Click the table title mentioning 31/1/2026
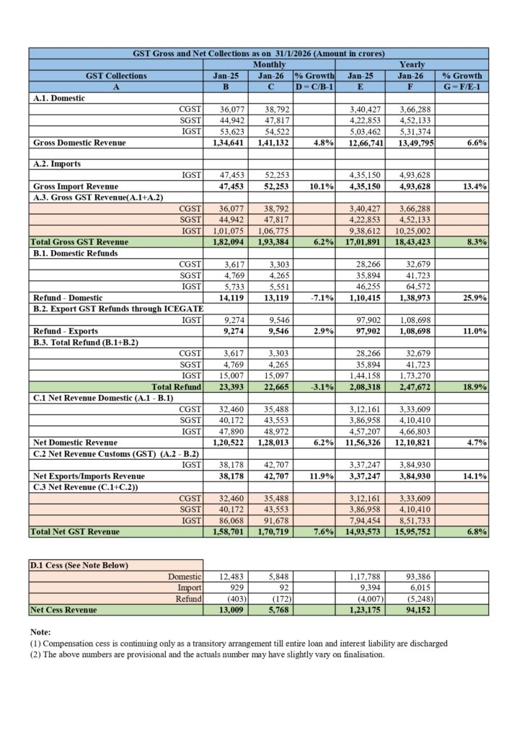click(258, 53)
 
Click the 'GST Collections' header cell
click(115, 75)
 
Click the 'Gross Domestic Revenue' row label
click(79, 143)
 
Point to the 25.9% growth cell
click(473, 297)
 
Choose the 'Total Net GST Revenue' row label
click(75, 532)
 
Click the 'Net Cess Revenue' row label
click(64, 610)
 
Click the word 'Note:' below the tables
click(41, 632)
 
